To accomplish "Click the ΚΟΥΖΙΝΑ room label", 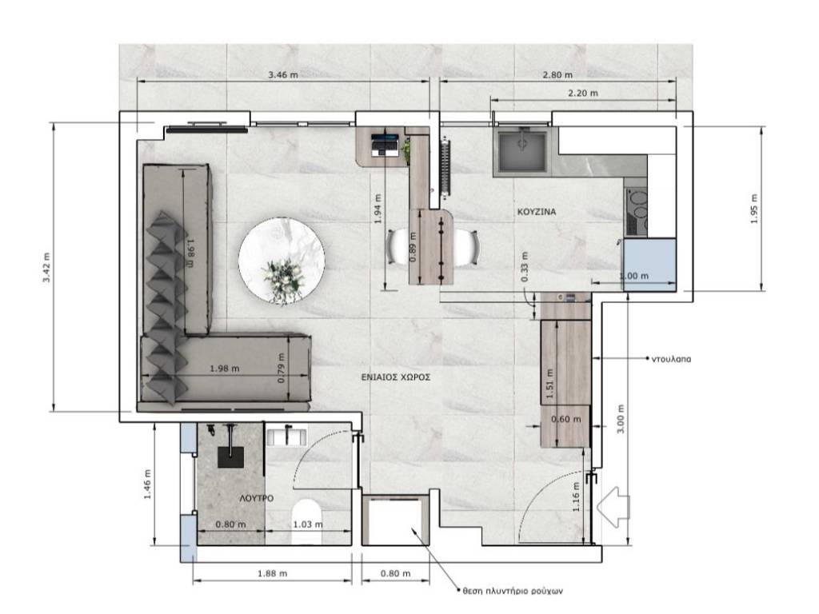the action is tap(537, 212).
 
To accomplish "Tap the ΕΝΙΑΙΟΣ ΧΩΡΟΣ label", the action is tap(396, 377).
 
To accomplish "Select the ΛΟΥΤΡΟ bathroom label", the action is tap(257, 499).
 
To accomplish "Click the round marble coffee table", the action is tap(282, 260).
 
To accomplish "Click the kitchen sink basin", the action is tap(521, 150).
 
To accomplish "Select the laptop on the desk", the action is tap(386, 145).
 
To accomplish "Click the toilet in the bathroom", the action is tap(306, 520).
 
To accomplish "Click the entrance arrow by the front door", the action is tap(613, 507).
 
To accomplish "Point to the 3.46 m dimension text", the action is tap(283, 74).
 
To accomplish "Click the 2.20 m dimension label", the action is tap(583, 94).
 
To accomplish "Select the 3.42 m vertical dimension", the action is tap(47, 267).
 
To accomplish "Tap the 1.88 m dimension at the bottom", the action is tap(273, 573).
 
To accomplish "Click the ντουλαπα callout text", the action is tap(671, 359).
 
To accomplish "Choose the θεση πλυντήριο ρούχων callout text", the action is tap(513, 591).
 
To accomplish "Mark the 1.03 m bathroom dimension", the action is tap(308, 524).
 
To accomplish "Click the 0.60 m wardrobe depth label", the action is tap(565, 419).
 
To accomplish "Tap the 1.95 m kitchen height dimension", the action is tap(753, 209).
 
